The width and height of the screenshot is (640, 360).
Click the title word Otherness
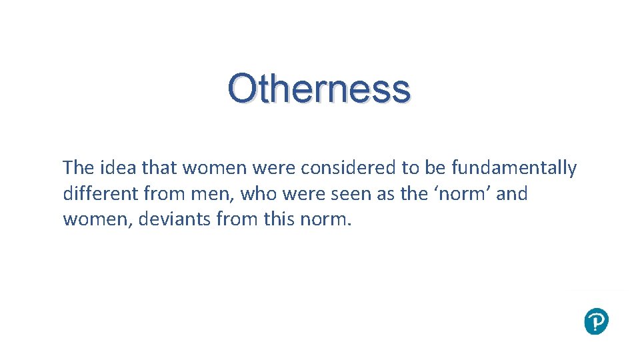(x=319, y=89)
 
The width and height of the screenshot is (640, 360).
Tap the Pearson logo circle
(x=596, y=321)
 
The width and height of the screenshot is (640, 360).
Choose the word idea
(x=118, y=168)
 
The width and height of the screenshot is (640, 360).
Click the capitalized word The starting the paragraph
(x=78, y=168)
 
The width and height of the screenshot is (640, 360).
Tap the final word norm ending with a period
(x=323, y=219)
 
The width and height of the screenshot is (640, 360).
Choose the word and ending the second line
(x=512, y=193)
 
